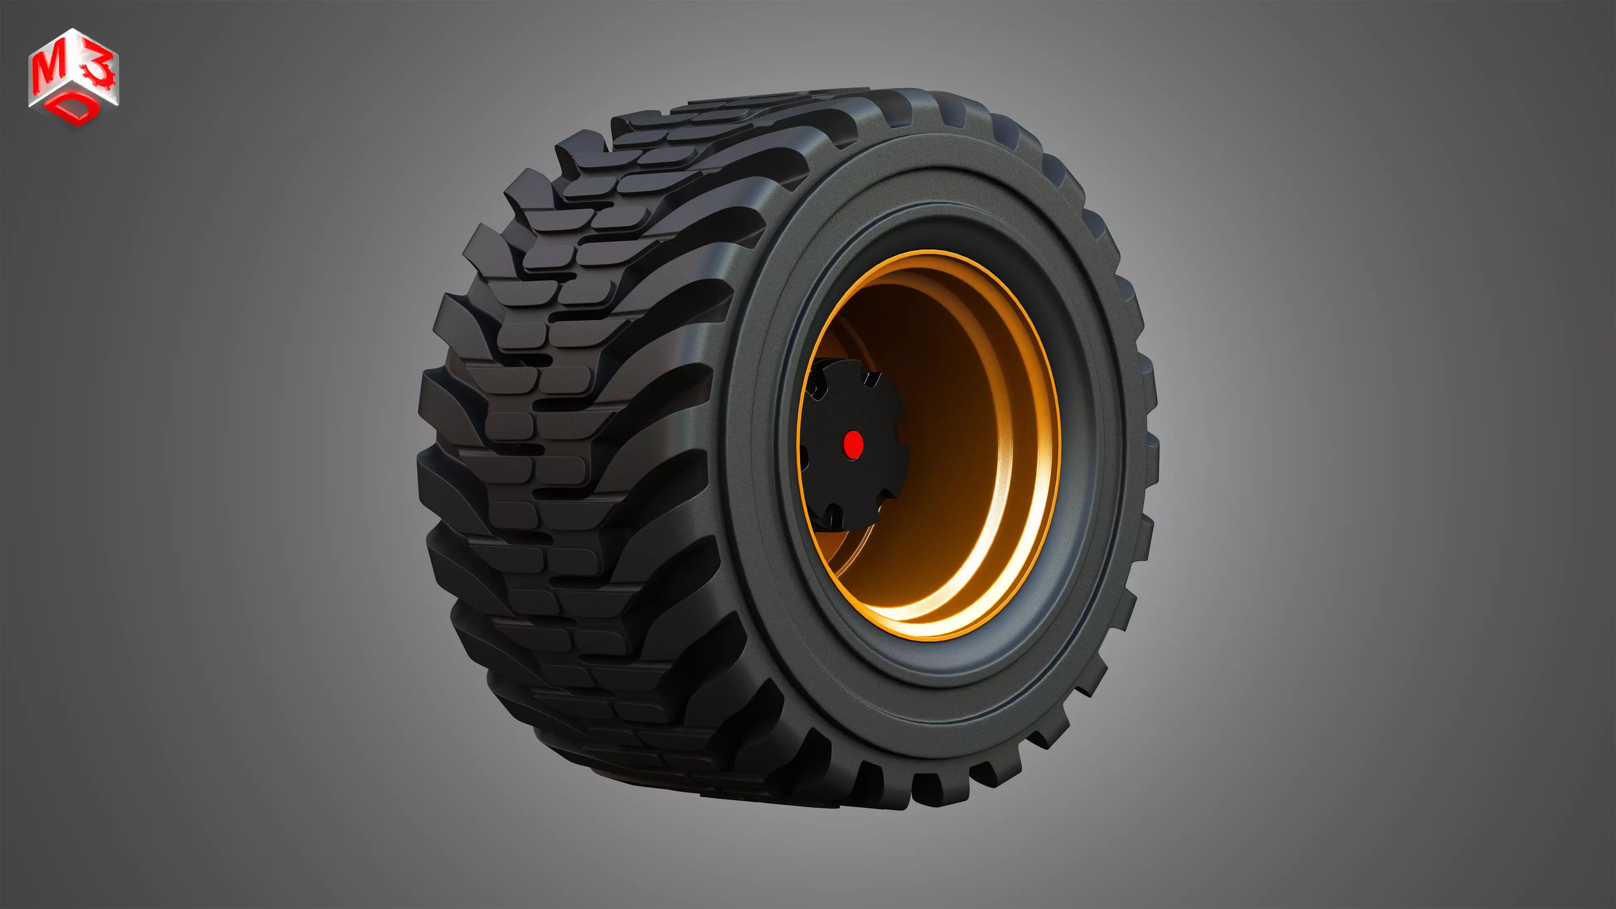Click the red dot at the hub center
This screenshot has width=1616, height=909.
(x=852, y=444)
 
